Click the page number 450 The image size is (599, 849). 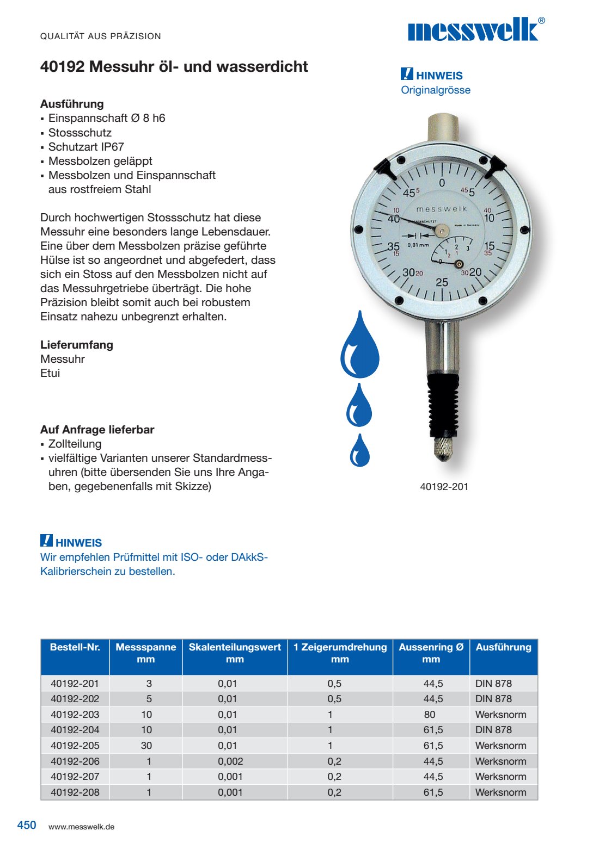click(x=27, y=825)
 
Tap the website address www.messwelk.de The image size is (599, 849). click(x=81, y=827)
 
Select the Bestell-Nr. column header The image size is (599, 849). click(x=75, y=647)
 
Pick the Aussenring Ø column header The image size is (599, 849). click(x=431, y=653)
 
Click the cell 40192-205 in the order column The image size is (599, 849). click(x=75, y=746)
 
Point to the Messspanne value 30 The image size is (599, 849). click(x=146, y=746)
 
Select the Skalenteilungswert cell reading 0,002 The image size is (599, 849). click(x=230, y=761)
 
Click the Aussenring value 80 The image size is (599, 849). click(x=430, y=715)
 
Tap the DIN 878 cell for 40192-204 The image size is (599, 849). click(x=493, y=730)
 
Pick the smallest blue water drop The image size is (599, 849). click(x=359, y=451)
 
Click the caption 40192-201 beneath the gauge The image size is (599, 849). click(x=444, y=487)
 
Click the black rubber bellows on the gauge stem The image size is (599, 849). click(x=444, y=402)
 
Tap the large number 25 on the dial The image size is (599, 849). click(x=442, y=282)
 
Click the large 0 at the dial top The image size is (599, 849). click(x=442, y=183)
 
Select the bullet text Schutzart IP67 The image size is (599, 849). click(x=86, y=147)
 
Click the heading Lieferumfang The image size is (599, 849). click(x=77, y=345)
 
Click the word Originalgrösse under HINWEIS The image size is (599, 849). click(x=436, y=90)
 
